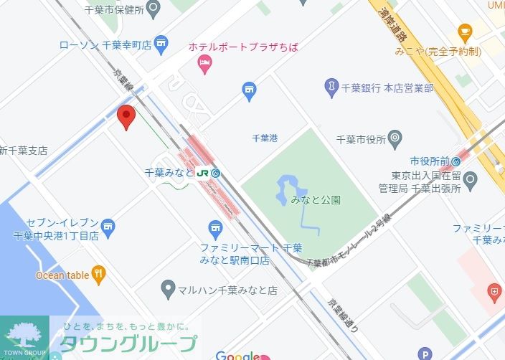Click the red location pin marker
(127, 116)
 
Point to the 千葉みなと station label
(169, 173)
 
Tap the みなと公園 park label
(316, 200)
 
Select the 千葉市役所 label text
(362, 139)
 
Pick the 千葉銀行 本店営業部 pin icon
(331, 87)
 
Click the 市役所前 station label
(430, 161)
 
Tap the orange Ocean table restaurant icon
(98, 273)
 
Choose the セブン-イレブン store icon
(108, 228)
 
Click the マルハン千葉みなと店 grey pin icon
(168, 290)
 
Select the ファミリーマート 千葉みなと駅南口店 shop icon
(215, 229)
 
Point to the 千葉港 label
(265, 138)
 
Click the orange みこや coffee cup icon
(465, 32)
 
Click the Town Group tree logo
(24, 335)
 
